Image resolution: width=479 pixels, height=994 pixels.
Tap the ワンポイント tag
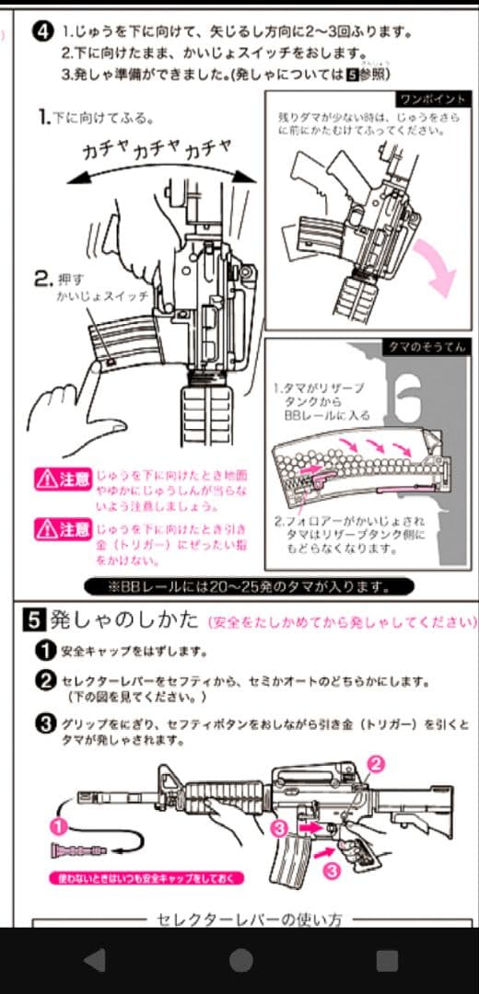[x=433, y=98]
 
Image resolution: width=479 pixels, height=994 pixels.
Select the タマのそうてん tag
[x=425, y=347]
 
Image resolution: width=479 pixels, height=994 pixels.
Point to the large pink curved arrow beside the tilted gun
[x=438, y=264]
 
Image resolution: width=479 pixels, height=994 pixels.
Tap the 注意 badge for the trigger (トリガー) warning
[x=62, y=530]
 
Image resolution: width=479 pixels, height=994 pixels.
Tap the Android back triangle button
[x=93, y=961]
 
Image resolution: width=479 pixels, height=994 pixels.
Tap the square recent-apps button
[x=387, y=961]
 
